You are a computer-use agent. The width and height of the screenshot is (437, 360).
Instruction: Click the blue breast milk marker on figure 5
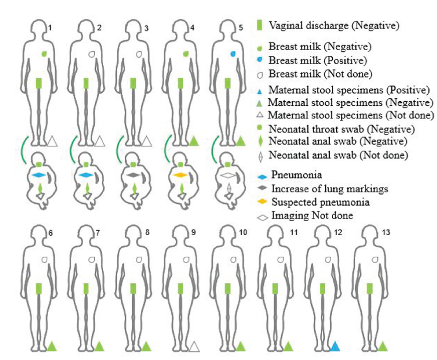click(x=233, y=54)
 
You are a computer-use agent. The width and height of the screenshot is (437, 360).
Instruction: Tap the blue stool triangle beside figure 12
click(x=336, y=346)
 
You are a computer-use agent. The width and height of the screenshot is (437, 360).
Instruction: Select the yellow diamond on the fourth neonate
click(x=181, y=175)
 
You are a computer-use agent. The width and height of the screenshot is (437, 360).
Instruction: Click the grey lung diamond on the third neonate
click(x=134, y=175)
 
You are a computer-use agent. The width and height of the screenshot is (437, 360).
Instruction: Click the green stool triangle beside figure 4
click(x=194, y=141)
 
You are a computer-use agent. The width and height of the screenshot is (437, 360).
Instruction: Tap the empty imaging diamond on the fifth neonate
click(x=228, y=175)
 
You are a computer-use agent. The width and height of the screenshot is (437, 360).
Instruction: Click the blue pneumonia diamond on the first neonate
click(x=39, y=175)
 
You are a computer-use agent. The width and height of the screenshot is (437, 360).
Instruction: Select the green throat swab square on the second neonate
click(x=86, y=165)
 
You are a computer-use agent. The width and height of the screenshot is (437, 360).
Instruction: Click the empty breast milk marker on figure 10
click(x=234, y=260)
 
